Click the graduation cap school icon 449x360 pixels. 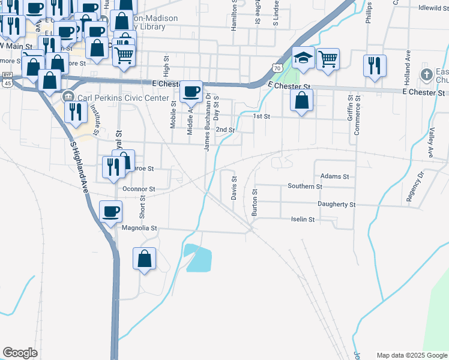304,58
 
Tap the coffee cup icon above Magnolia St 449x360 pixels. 112,212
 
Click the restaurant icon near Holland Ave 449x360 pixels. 375,65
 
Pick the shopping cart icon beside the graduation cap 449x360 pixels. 328,59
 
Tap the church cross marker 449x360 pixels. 426,74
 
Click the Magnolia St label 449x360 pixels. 139,228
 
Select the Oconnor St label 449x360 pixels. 138,189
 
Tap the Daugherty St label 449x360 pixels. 337,205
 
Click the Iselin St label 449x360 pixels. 303,220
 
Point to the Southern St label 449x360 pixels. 305,187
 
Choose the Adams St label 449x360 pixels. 334,176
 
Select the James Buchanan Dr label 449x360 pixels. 207,122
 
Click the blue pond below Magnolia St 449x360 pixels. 199,258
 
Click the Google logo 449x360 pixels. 20,353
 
